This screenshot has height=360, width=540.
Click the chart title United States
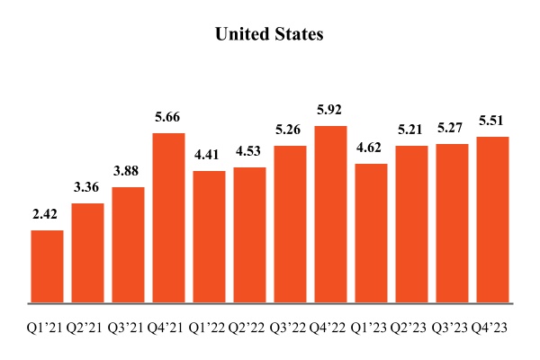[269, 35]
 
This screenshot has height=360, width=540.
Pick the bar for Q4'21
[169, 218]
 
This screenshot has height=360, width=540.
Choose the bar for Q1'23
[371, 233]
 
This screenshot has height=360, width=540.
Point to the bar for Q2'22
[249, 235]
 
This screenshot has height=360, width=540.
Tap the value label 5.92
[330, 112]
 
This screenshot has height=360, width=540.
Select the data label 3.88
[129, 173]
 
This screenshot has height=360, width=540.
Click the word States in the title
[299, 35]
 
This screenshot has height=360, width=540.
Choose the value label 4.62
[371, 149]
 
